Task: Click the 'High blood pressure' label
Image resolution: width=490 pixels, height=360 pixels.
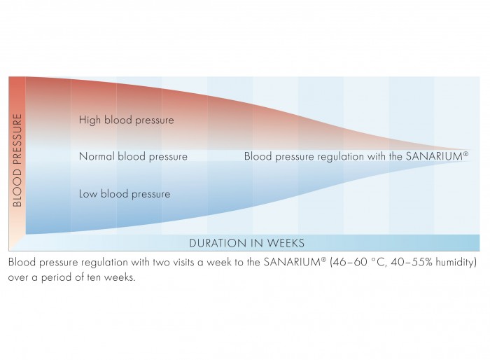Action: (x=126, y=120)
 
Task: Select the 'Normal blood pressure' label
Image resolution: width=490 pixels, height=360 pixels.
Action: (x=133, y=156)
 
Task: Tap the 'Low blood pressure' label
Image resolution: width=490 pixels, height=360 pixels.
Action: (x=125, y=194)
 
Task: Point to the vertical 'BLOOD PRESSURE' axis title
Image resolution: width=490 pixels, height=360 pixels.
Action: (x=17, y=160)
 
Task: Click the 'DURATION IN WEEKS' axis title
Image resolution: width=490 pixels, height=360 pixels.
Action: (x=246, y=243)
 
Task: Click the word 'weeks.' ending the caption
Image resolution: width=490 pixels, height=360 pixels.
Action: (x=120, y=277)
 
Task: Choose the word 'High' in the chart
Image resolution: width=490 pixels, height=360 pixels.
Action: (x=90, y=120)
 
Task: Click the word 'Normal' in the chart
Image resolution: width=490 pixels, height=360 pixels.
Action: (x=97, y=156)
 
